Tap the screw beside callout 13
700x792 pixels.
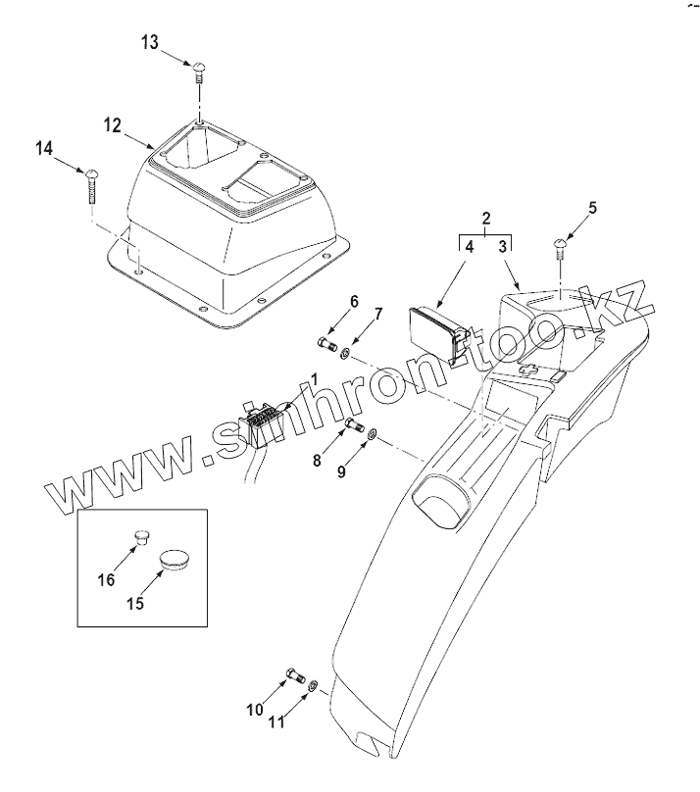click(199, 69)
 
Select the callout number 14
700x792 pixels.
click(44, 148)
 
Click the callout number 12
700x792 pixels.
click(114, 124)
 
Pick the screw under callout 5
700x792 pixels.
click(563, 245)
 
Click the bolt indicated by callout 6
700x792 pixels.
click(327, 344)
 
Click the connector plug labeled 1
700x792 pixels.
click(263, 426)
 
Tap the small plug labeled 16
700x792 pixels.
click(142, 535)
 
